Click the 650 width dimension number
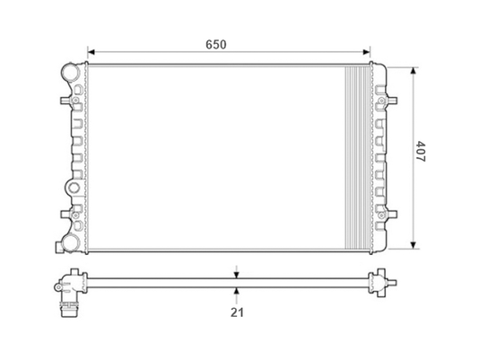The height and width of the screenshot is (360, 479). pos(216,45)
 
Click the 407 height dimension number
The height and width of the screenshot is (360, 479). pos(421,151)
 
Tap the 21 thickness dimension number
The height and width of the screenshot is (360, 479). pos(237,312)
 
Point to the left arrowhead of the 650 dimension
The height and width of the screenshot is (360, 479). pos(91,52)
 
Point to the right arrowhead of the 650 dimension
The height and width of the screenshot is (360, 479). pos(366,52)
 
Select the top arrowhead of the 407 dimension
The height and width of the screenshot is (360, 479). pos(414,71)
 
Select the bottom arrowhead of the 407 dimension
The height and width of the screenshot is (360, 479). pos(414,245)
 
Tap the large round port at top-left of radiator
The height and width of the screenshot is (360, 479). pos(70,72)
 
